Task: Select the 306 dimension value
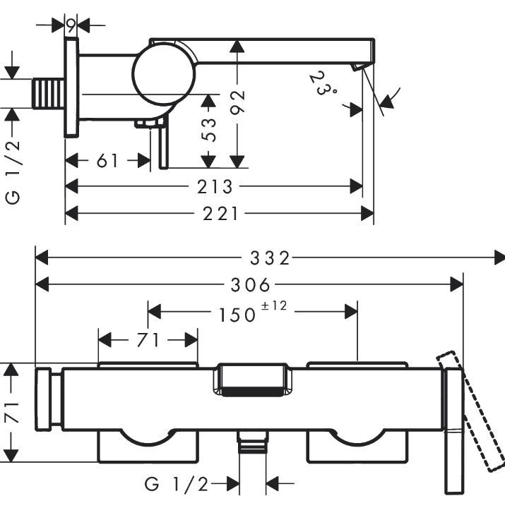pyautogui.click(x=251, y=284)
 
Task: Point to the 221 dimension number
pyautogui.click(x=220, y=213)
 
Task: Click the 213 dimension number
pyautogui.click(x=215, y=187)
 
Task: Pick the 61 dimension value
pyautogui.click(x=107, y=162)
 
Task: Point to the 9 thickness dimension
pyautogui.click(x=72, y=25)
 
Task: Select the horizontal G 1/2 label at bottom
pyautogui.click(x=177, y=484)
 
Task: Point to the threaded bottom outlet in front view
pyautogui.click(x=253, y=444)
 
